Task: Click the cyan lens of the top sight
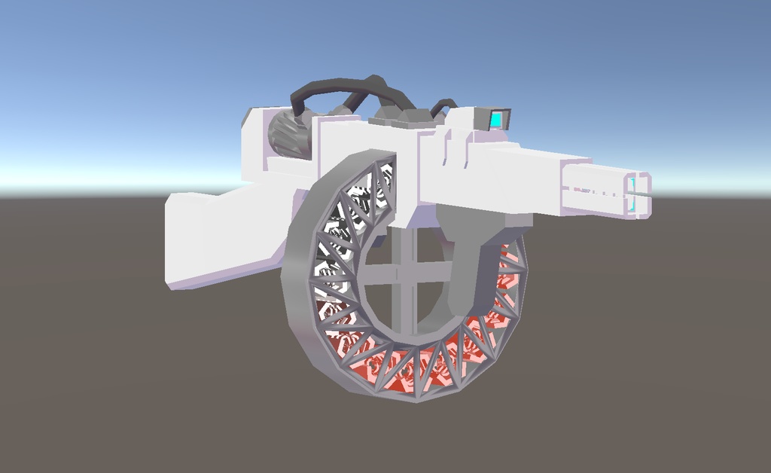497,119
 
